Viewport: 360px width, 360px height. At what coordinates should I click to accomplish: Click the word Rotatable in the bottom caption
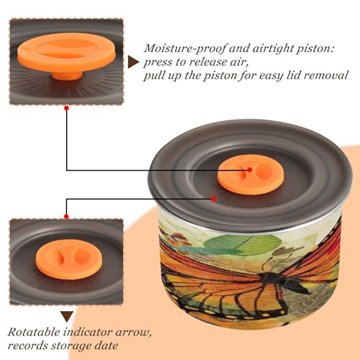click(x=34, y=333)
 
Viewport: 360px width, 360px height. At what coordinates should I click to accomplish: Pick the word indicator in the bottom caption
click(x=87, y=333)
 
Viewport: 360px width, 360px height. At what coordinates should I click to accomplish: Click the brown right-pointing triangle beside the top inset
click(x=133, y=63)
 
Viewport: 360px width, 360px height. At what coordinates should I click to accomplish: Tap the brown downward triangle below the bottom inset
click(x=67, y=317)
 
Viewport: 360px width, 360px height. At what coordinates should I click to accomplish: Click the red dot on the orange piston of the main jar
click(x=250, y=170)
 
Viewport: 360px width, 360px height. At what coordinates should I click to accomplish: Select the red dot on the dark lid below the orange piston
click(x=214, y=199)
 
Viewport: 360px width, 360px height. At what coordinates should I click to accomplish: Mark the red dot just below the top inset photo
click(x=67, y=108)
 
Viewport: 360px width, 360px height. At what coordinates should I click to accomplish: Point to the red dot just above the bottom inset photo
click(x=66, y=217)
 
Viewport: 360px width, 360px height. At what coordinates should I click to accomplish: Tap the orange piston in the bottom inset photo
click(x=69, y=259)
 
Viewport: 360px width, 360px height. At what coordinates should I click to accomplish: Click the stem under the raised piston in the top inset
click(x=67, y=75)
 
